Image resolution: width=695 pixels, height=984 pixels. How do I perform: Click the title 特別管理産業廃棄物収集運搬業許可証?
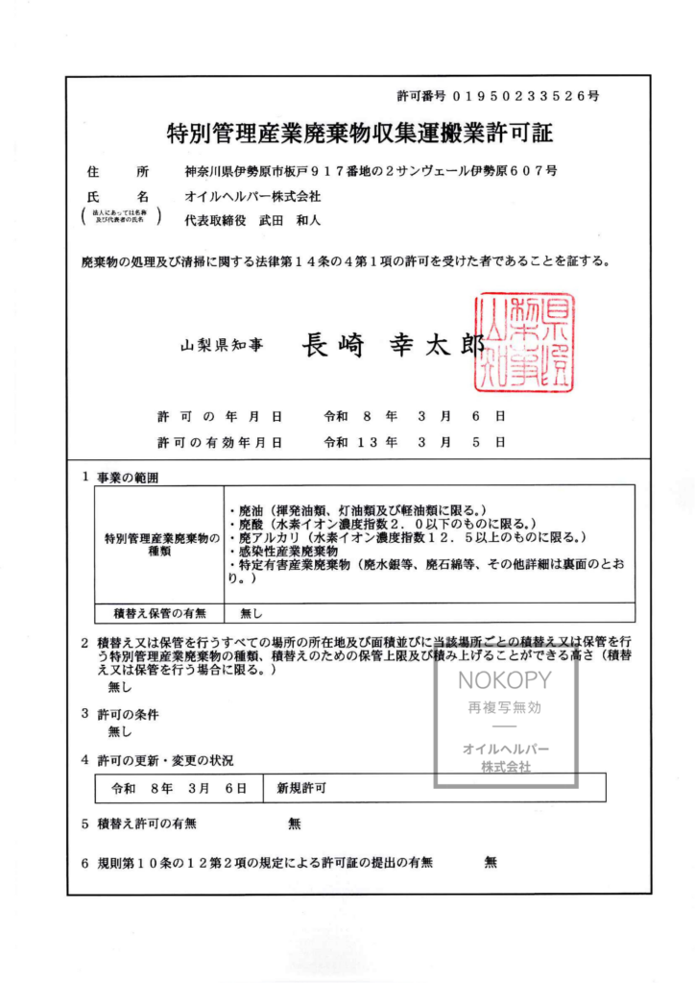click(359, 132)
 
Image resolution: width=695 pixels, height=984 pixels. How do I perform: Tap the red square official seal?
click(525, 343)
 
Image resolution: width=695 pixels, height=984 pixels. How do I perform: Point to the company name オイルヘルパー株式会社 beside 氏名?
click(253, 196)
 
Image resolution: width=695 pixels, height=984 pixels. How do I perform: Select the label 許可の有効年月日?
click(220, 442)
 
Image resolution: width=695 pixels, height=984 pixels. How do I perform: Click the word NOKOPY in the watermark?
click(505, 681)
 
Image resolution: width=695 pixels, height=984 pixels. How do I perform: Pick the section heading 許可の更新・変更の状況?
click(164, 760)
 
